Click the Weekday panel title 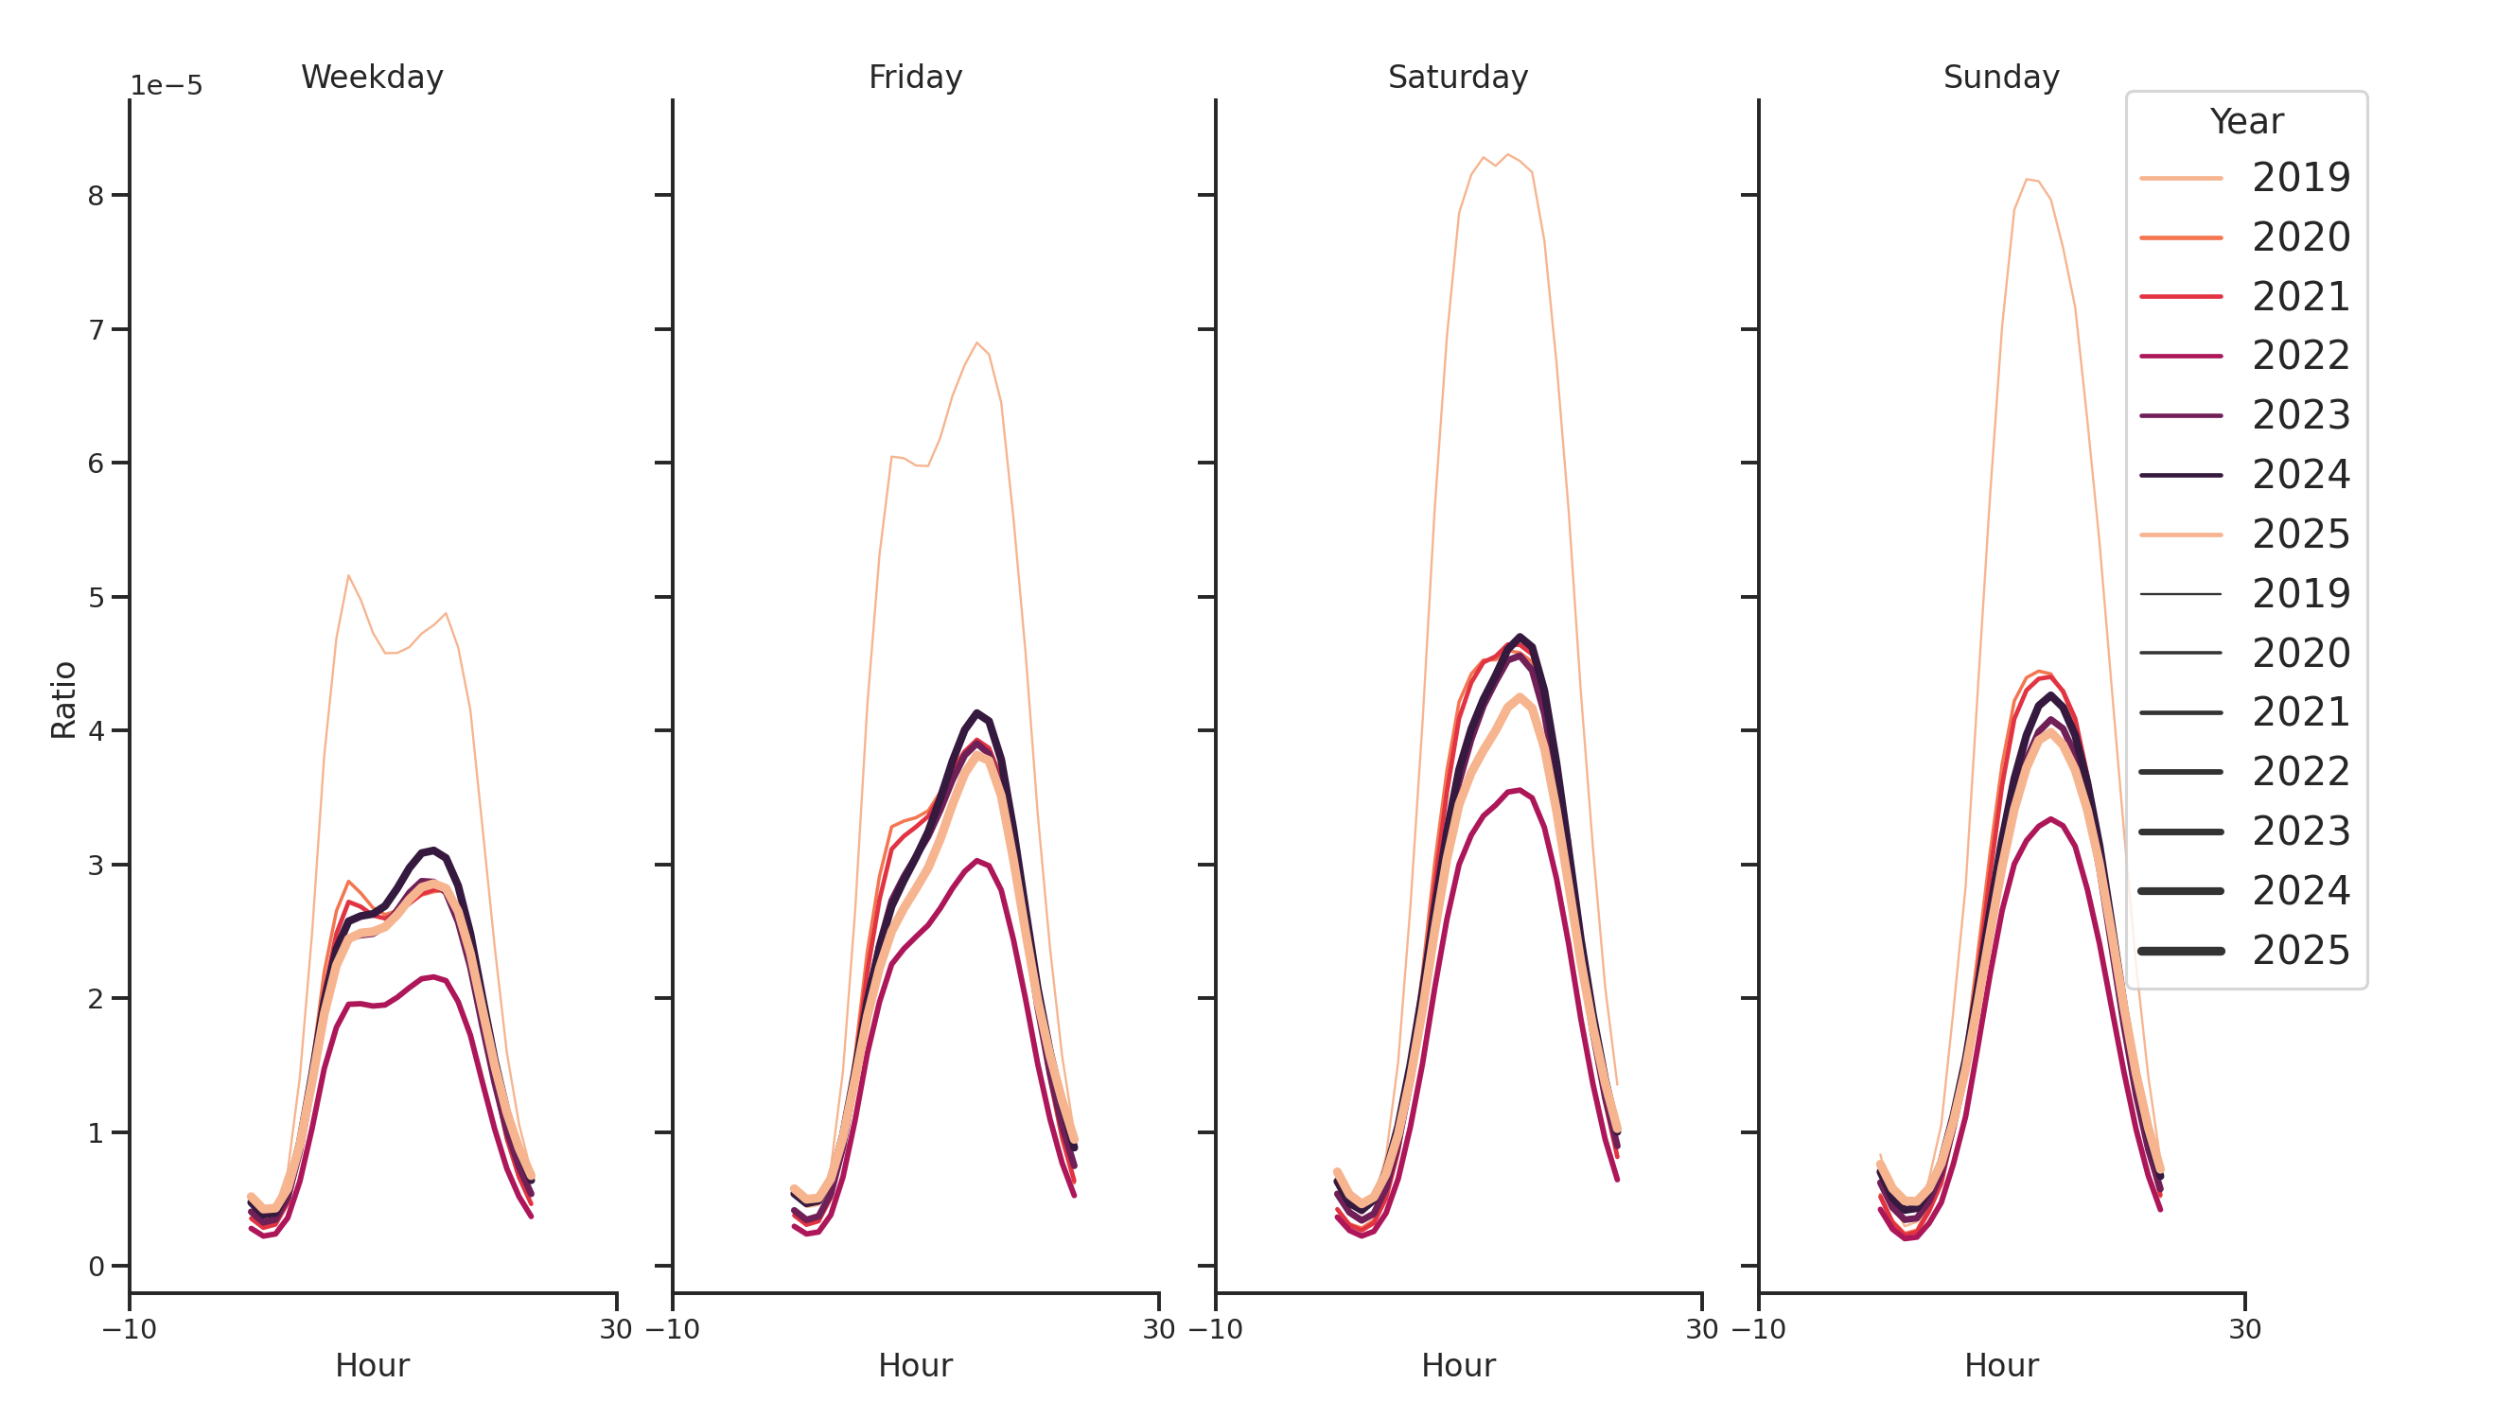(372, 77)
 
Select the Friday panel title (914, 77)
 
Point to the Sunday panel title (2000, 77)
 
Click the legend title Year (2245, 122)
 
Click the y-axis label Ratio (63, 699)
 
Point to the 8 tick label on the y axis (96, 196)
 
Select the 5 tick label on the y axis (96, 597)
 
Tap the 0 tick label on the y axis (96, 1266)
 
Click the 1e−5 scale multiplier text (166, 86)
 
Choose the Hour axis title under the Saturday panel (1457, 1365)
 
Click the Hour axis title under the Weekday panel (372, 1365)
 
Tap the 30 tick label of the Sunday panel (2243, 1329)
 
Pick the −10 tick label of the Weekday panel (129, 1329)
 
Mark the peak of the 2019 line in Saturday (1507, 155)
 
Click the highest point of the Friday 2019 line (976, 343)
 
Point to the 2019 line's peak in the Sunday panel (2027, 180)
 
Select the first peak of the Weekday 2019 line (348, 575)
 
